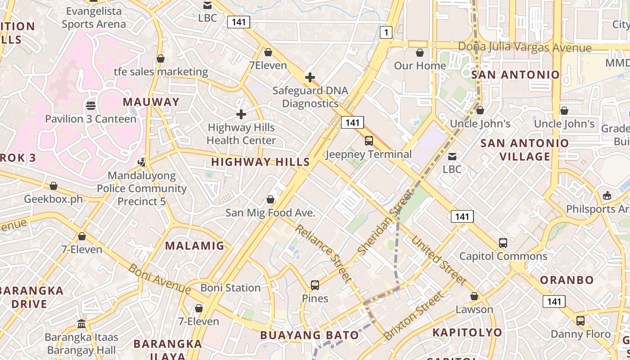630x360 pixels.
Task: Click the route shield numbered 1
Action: point(386,32)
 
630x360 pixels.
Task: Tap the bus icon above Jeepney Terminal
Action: point(369,141)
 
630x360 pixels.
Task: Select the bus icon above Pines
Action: point(315,285)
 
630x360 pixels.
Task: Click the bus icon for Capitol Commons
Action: point(503,243)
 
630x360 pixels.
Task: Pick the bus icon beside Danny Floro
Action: point(580,321)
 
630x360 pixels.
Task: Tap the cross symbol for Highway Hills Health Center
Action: point(241,114)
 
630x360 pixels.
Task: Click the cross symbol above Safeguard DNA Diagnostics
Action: point(310,77)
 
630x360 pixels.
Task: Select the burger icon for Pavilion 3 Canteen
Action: point(91,106)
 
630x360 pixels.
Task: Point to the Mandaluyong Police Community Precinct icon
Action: point(142,162)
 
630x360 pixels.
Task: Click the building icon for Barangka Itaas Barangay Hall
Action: point(81,324)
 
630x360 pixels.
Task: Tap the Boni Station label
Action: point(230,288)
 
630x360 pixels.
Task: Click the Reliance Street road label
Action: point(323,253)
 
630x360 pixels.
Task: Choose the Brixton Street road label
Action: point(414,316)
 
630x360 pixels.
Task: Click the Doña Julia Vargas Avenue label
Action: point(525,47)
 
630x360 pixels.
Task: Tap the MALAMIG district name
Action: point(194,246)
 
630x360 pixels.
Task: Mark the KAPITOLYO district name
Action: point(467,333)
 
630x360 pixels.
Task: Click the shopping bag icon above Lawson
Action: point(474,296)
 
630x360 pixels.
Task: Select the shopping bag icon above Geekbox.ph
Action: point(54,186)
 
